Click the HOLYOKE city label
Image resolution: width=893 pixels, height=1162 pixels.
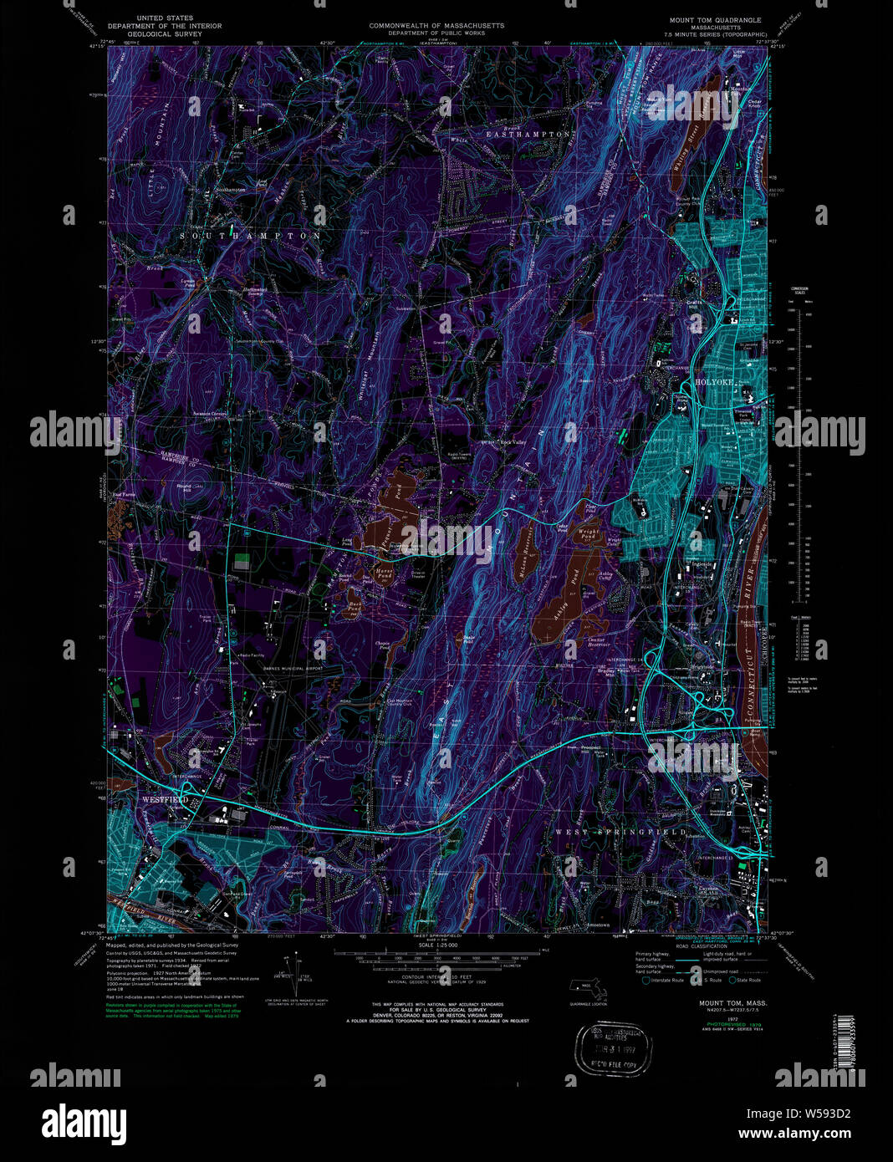[x=713, y=382]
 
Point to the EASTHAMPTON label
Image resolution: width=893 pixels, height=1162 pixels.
[x=529, y=134]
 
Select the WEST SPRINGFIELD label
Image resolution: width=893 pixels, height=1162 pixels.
[x=620, y=833]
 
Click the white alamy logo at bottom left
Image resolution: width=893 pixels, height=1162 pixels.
[x=84, y=1121]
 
